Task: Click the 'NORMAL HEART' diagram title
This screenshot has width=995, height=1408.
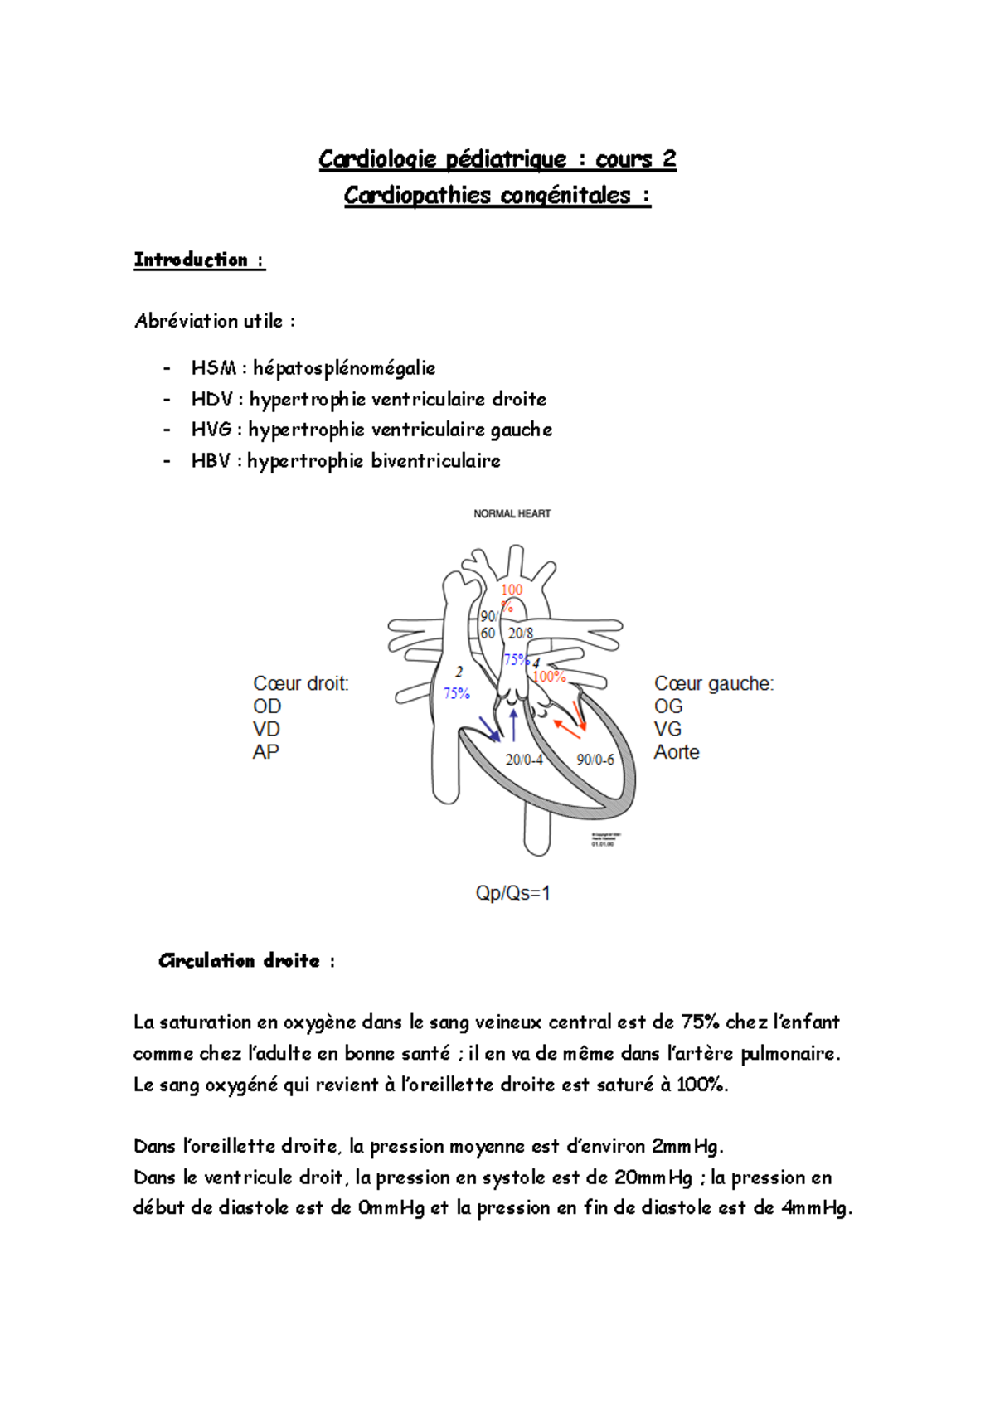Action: [x=512, y=514]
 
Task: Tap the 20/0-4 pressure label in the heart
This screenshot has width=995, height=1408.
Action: [x=524, y=760]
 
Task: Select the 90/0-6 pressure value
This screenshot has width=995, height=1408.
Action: [x=595, y=760]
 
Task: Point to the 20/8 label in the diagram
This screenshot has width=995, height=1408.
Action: [x=521, y=634]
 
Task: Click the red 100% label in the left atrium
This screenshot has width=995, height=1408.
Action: [x=549, y=677]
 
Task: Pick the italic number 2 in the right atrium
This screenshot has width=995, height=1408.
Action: [x=459, y=672]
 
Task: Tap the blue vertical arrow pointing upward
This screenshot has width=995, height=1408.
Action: [x=513, y=725]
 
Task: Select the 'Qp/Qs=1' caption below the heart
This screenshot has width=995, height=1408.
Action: [x=512, y=893]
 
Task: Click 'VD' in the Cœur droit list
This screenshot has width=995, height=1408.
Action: [x=267, y=729]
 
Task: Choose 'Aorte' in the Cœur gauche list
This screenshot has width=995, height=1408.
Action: [x=677, y=752]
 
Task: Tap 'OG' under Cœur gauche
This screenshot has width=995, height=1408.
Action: [x=668, y=706]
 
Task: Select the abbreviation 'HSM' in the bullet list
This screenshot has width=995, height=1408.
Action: [x=213, y=367]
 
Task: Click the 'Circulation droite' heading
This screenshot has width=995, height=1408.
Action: [x=239, y=960]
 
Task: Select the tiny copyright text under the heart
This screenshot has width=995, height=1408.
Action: [x=606, y=838]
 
